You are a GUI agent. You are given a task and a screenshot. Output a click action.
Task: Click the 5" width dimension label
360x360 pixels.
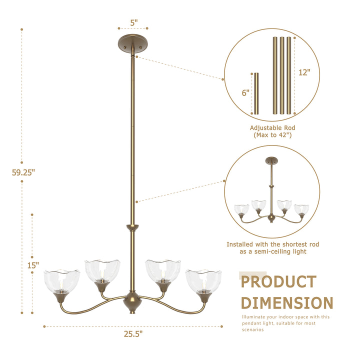pos(133,22)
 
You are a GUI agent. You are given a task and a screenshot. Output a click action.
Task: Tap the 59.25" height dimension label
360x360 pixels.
pos(23,173)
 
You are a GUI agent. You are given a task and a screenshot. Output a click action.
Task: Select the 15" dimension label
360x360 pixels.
pos(33,265)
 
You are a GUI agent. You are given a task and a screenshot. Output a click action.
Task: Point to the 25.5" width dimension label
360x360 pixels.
pos(133,333)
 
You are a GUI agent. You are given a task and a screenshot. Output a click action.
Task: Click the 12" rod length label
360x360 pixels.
pos(304,72)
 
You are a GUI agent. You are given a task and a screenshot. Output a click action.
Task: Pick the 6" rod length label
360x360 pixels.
pos(245,92)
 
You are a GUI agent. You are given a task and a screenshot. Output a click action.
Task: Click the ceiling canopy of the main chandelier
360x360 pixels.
pos(133,42)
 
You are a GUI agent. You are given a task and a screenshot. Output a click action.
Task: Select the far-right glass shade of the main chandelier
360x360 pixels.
pos(203,281)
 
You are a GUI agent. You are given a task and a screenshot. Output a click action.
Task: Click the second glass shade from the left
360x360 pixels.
pos(102,271)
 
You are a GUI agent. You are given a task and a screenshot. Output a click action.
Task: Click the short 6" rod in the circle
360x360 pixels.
pos(256,93)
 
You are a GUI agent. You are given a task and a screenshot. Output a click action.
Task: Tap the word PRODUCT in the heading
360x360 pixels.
pos(278,282)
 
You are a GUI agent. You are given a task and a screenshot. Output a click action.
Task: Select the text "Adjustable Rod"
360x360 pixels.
pos(272,128)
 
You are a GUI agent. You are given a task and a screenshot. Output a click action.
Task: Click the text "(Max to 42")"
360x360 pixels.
pos(272,135)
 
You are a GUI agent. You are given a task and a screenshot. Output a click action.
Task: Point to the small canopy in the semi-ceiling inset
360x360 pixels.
pos(272,160)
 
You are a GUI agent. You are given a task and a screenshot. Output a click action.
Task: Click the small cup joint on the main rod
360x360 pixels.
pos(132,228)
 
